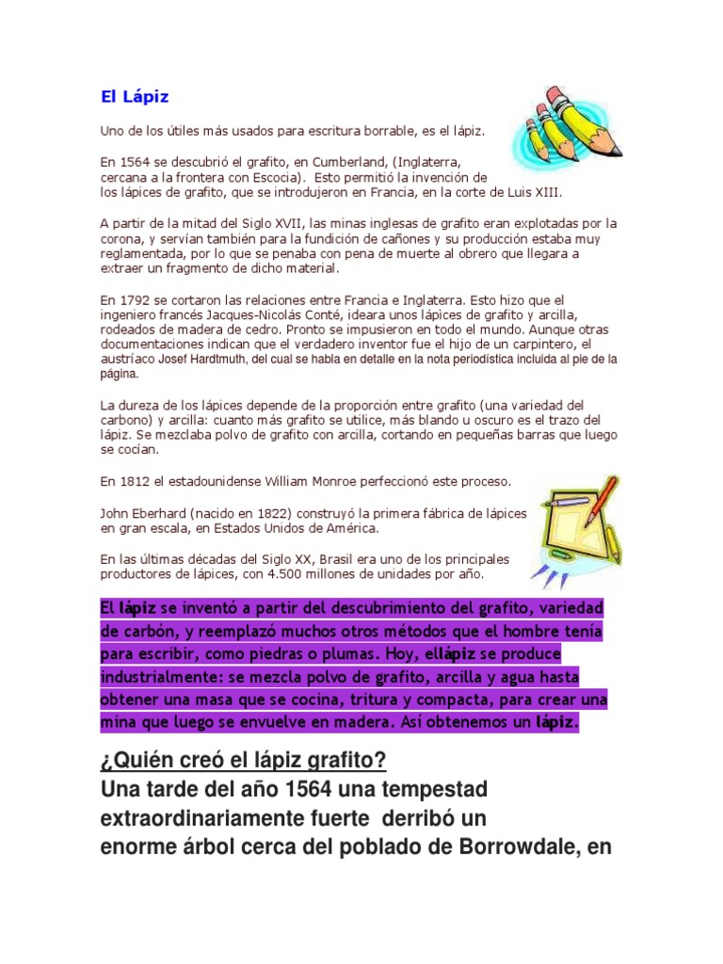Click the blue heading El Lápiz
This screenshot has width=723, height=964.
[x=135, y=96]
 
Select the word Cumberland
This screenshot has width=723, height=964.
[x=332, y=162]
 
